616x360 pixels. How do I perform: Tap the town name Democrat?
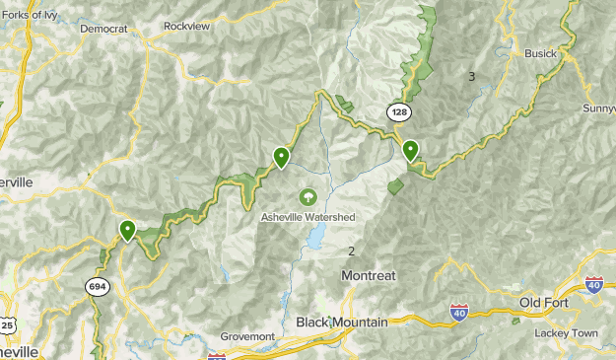coord(103,30)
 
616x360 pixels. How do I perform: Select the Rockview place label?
coord(187,26)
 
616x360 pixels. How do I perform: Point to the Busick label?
coord(540,53)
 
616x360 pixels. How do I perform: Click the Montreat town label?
coord(368,276)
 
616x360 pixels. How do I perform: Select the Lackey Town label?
coord(566,333)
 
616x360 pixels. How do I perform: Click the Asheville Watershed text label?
coord(308,217)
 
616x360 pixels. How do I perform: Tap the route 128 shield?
coord(398,112)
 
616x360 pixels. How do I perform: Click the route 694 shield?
coord(97,286)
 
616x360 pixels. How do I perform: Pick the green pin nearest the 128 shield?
coord(410,151)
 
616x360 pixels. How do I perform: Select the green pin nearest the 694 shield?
coord(127,230)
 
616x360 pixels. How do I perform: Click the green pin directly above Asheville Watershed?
coord(281,156)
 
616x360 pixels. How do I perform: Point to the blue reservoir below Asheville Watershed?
coord(315,237)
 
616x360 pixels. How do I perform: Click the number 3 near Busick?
coord(472,77)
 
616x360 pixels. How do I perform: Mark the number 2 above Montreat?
coord(351,252)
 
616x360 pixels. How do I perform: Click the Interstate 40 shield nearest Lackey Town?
coord(593,285)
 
